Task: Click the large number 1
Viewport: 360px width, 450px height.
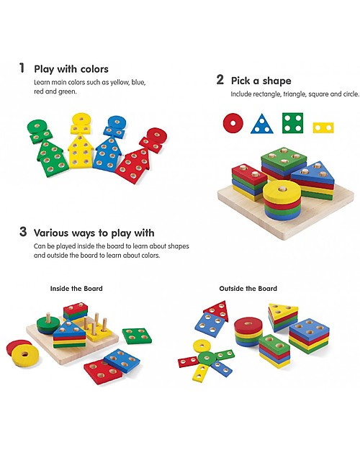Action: pyautogui.click(x=22, y=68)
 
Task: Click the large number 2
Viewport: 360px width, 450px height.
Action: pyautogui.click(x=220, y=80)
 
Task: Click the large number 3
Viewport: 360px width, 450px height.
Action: pyautogui.click(x=23, y=233)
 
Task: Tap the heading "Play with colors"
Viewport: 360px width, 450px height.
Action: pyautogui.click(x=71, y=69)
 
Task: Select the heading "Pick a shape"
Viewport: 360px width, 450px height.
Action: pyautogui.click(x=261, y=81)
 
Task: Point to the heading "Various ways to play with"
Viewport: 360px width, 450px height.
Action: pyautogui.click(x=94, y=233)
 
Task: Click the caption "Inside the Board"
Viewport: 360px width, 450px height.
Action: pyautogui.click(x=76, y=289)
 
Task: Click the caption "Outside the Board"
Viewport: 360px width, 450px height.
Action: pyautogui.click(x=248, y=289)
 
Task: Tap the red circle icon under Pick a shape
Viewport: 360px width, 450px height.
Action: pyautogui.click(x=232, y=123)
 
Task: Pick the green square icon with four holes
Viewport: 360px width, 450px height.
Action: pyautogui.click(x=292, y=123)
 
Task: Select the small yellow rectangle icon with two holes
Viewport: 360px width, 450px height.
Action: pyautogui.click(x=323, y=127)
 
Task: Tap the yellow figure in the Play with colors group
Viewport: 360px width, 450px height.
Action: pyautogui.click(x=81, y=144)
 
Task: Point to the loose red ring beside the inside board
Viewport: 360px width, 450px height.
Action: pyautogui.click(x=24, y=354)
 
